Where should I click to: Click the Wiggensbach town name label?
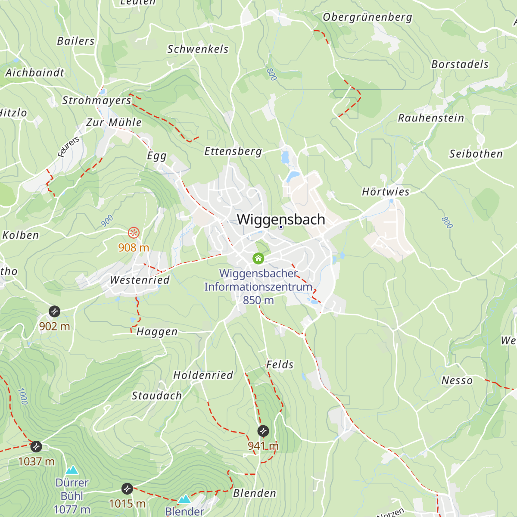click(281, 219)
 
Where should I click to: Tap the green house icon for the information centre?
click(258, 258)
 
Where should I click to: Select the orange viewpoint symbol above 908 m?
click(134, 233)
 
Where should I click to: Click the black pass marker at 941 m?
click(263, 431)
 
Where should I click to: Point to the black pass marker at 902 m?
click(54, 311)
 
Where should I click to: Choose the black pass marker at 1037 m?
click(36, 446)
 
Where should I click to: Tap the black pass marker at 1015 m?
click(127, 489)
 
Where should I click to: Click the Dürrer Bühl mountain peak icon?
click(72, 470)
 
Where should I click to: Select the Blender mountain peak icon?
click(184, 499)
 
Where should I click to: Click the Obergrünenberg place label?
click(368, 17)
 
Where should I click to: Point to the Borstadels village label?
click(460, 64)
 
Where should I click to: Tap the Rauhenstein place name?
click(431, 118)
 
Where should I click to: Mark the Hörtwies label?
click(386, 192)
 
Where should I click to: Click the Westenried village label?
click(140, 280)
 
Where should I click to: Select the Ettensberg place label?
click(233, 151)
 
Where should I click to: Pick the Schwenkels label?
click(198, 49)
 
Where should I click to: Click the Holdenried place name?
click(203, 375)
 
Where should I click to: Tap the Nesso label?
click(457, 380)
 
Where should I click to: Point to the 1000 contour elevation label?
click(22, 396)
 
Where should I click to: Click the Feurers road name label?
click(69, 147)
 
